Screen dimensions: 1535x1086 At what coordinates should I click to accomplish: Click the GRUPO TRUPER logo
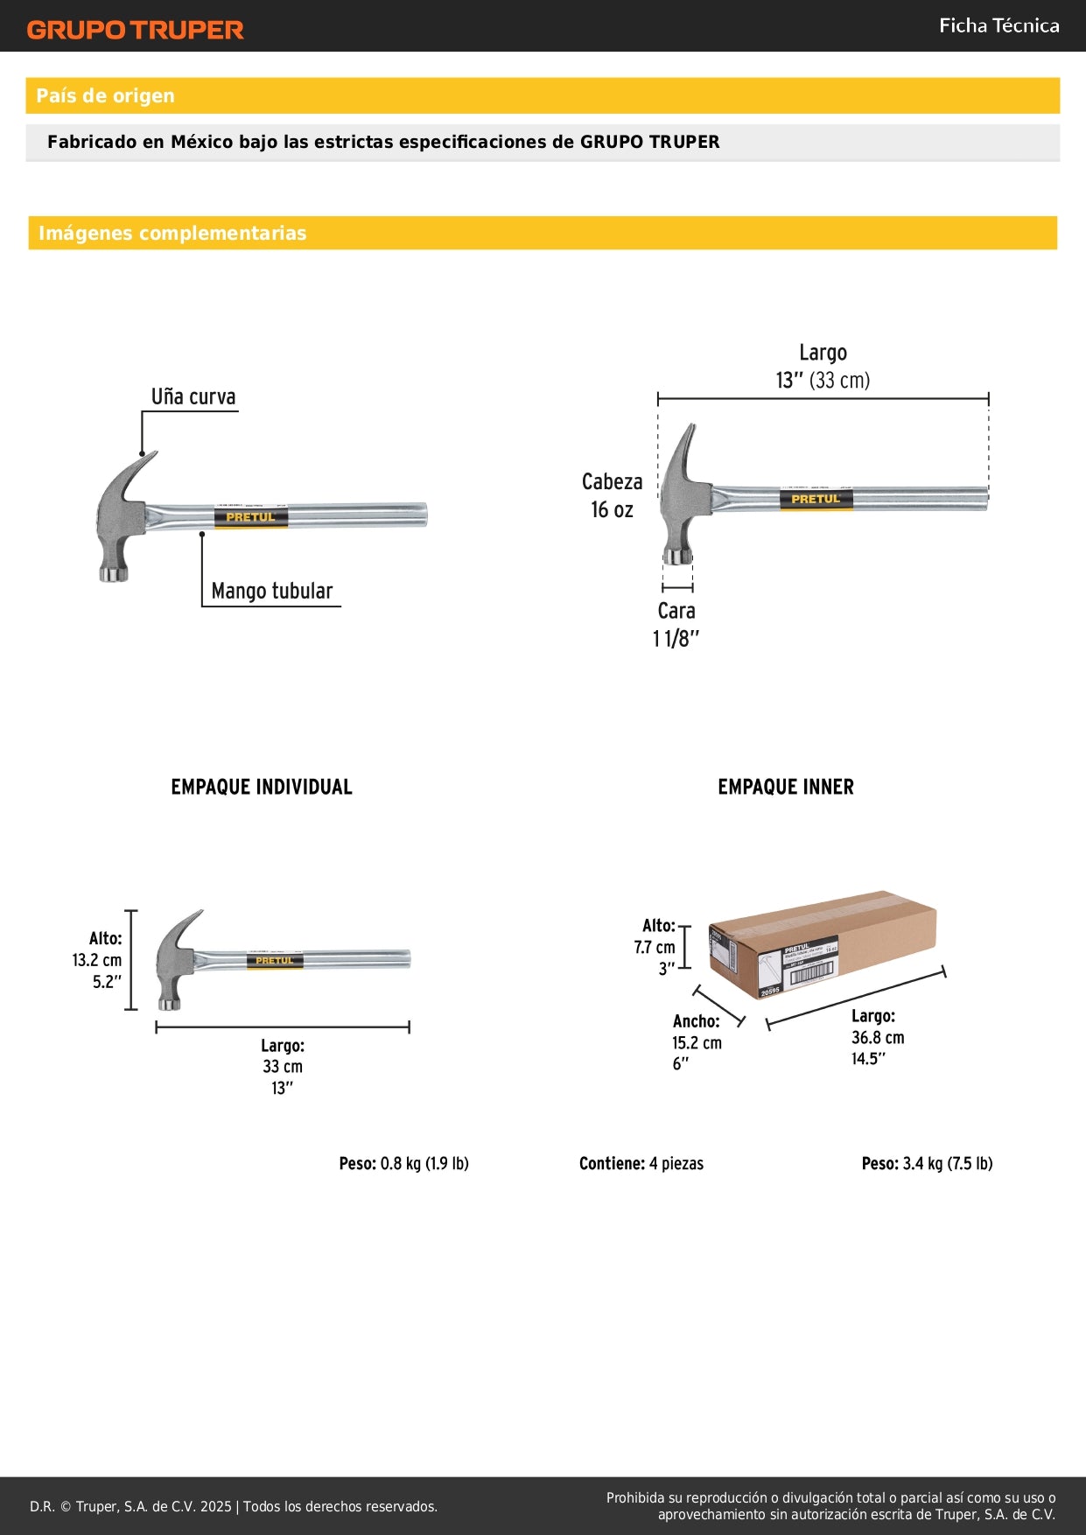(x=135, y=30)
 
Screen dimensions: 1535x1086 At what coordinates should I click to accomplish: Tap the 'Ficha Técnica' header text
(x=998, y=25)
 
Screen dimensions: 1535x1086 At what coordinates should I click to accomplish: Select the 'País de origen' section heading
(x=105, y=95)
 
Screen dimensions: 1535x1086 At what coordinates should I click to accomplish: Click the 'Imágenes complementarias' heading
(x=172, y=233)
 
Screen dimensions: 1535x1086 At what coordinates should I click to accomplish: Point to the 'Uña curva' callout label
(x=193, y=396)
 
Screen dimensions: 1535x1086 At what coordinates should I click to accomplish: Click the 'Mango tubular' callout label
(x=271, y=591)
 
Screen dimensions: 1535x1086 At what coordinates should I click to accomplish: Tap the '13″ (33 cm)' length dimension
(x=823, y=380)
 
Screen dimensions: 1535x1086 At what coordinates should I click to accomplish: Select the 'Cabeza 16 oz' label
(x=612, y=495)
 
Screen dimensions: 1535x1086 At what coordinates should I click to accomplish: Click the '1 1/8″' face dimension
(x=676, y=638)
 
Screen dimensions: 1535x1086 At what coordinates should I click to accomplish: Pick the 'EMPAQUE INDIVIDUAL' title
(x=262, y=787)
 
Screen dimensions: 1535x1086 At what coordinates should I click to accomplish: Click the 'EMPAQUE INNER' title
(x=786, y=787)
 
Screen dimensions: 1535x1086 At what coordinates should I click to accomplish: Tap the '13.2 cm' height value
(x=97, y=960)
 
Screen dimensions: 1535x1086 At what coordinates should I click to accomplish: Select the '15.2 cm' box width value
(x=697, y=1042)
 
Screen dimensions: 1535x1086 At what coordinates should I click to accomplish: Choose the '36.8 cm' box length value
(x=878, y=1037)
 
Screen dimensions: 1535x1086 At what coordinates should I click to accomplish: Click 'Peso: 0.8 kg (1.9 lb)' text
(x=403, y=1163)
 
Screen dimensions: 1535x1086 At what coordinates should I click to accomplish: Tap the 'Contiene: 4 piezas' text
(x=641, y=1163)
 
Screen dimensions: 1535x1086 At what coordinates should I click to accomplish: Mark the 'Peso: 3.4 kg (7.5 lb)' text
(x=927, y=1163)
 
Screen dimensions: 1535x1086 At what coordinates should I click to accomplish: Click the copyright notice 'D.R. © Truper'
(x=131, y=1506)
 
